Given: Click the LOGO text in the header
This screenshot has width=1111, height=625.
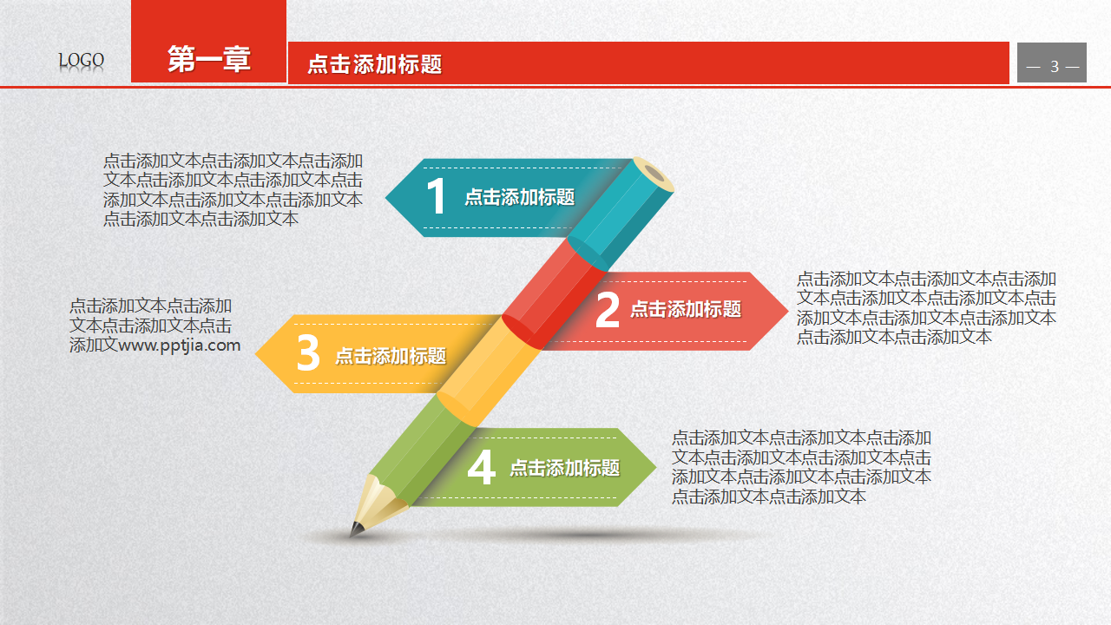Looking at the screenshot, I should (x=82, y=61).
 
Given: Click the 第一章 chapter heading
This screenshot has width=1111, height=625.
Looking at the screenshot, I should (x=208, y=59).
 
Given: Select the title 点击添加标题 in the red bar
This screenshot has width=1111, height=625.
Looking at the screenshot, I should (x=375, y=63).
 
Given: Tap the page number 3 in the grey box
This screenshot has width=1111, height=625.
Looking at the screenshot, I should (x=1054, y=67).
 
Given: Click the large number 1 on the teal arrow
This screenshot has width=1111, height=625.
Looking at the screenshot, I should (x=436, y=197).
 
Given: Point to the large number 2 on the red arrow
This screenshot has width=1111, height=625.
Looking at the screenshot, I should (x=608, y=311).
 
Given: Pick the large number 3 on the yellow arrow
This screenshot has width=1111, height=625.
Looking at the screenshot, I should (x=308, y=354).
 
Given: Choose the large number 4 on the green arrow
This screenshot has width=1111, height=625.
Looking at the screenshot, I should (x=481, y=469).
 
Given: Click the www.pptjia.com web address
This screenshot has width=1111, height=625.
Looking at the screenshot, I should (x=180, y=345).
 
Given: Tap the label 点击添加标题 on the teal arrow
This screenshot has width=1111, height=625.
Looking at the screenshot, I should (x=519, y=198).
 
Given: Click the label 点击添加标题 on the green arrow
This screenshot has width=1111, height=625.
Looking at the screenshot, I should (x=564, y=469).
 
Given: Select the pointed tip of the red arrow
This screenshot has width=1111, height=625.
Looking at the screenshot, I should (x=786, y=311).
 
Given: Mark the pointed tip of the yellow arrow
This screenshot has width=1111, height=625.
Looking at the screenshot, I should (x=258, y=354).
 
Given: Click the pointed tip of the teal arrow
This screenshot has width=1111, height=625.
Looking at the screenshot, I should (x=387, y=198).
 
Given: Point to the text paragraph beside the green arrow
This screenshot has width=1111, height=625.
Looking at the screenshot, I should (x=801, y=467).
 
